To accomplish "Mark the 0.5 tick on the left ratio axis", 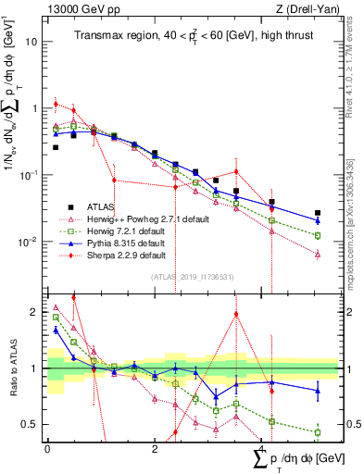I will point(31,424).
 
